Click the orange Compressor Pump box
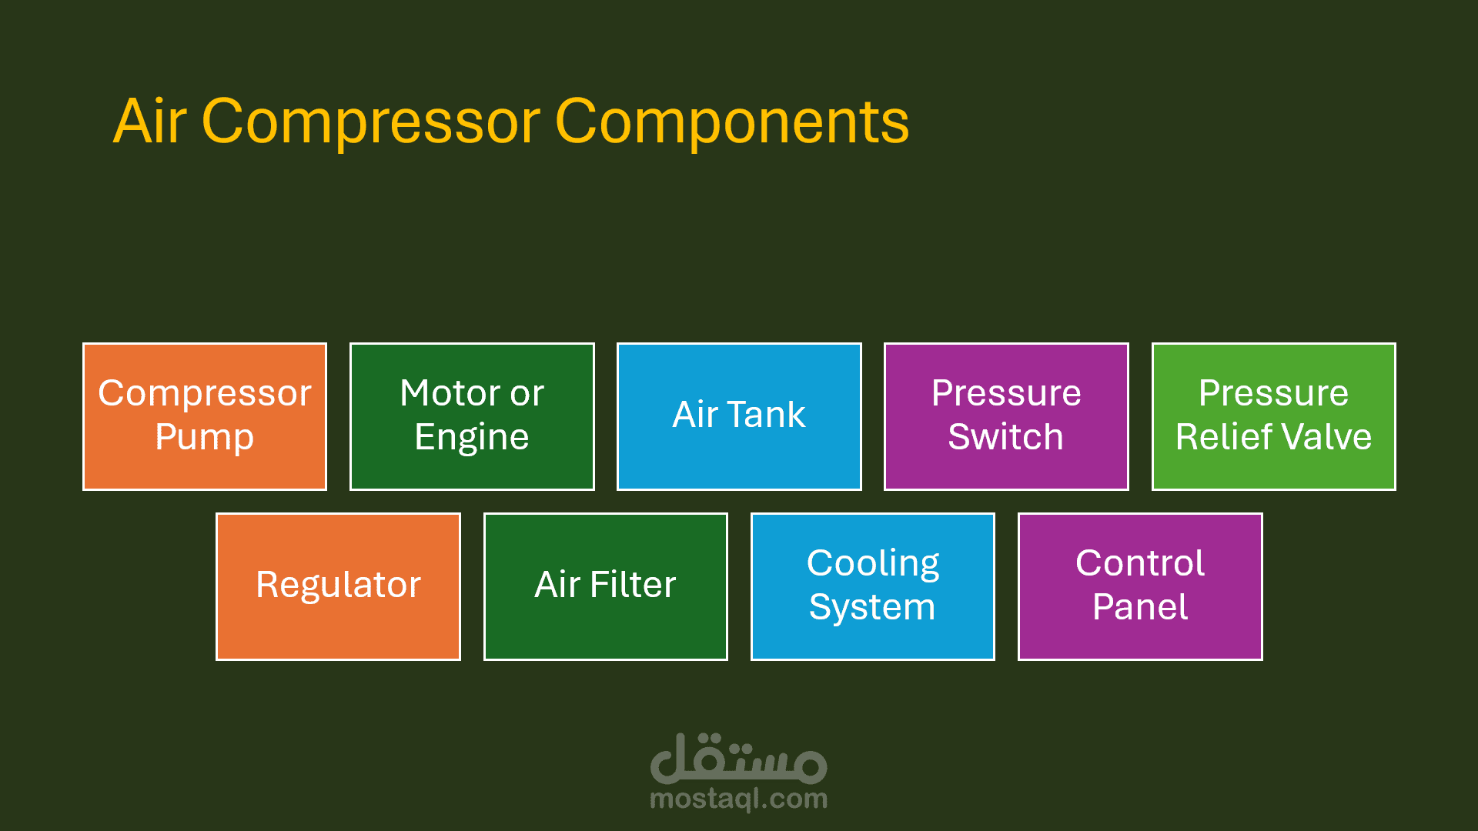pos(205,416)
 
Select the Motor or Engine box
pos(472,416)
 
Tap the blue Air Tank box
pos(739,416)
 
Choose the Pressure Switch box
pos(1006,416)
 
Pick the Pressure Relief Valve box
pos(1274,416)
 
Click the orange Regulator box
pos(338,586)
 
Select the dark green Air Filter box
pos(606,586)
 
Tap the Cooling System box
pos(873,586)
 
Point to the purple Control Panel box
pos(1140,586)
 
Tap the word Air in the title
pos(150,122)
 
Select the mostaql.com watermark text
pos(739,799)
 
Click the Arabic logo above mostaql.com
pos(739,758)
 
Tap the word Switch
pos(1005,437)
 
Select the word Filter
pos(633,585)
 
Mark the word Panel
pos(1140,607)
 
